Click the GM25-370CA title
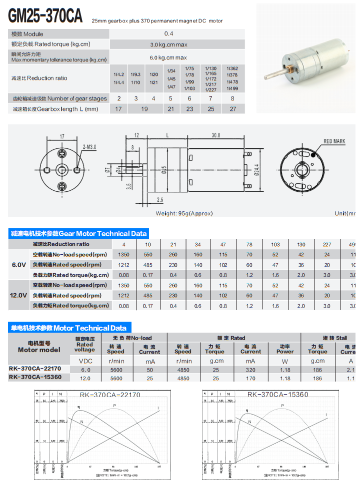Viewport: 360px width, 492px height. click(x=45, y=16)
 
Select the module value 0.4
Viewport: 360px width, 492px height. click(x=169, y=34)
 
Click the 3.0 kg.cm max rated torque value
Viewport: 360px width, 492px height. click(x=168, y=44)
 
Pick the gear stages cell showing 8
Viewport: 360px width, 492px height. click(x=232, y=98)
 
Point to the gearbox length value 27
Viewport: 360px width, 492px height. click(x=232, y=109)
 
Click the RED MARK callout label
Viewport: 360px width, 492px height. click(x=334, y=141)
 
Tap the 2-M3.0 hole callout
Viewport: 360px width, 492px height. click(x=89, y=146)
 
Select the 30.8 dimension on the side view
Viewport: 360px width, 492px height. click(x=216, y=135)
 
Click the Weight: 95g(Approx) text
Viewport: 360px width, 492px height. click(x=184, y=213)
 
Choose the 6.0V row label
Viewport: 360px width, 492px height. click(x=18, y=265)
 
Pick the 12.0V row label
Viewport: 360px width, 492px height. click(x=18, y=295)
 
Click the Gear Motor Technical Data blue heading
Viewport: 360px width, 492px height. click(x=78, y=233)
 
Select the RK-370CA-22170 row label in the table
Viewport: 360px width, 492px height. click(x=35, y=369)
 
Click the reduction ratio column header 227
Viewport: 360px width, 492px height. click(x=327, y=244)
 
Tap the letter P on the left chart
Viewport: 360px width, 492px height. click(x=114, y=405)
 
